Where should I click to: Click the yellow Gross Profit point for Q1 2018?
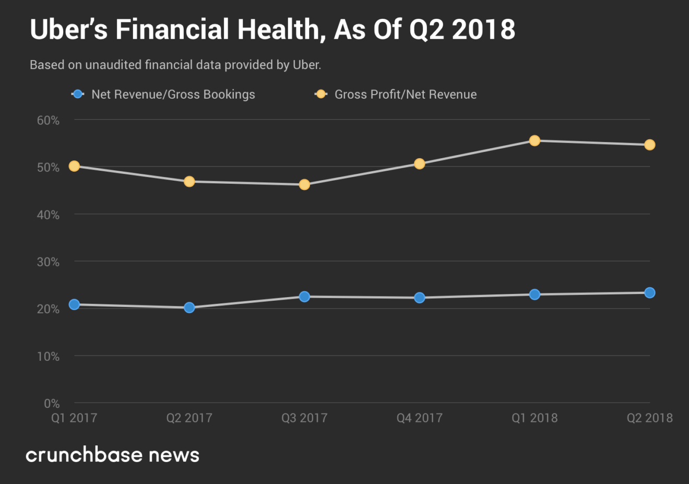tap(534, 140)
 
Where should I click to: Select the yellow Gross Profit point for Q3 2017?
tap(304, 184)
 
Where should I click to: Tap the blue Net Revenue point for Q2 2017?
tap(189, 308)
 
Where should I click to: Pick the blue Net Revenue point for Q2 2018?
tap(649, 293)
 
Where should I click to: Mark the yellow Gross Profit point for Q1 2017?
tap(74, 166)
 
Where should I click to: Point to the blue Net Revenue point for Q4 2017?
tap(420, 298)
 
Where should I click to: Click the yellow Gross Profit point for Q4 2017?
tap(420, 164)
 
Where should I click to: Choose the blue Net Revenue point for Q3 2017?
tap(304, 297)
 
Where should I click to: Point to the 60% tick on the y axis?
tap(48, 120)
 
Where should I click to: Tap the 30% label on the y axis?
tap(48, 262)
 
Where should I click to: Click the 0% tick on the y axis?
tap(52, 404)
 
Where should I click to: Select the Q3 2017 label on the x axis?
tap(304, 418)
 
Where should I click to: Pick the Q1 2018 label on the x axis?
tap(534, 418)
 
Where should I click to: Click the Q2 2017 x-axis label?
tap(189, 418)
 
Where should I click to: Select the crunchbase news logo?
tap(113, 455)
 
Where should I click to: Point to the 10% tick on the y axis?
tap(48, 357)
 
